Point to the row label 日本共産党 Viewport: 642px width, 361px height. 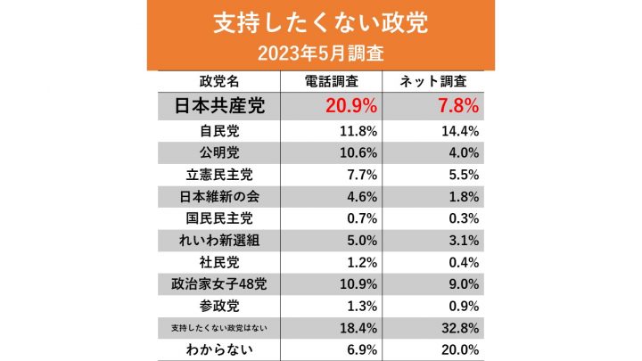point(219,107)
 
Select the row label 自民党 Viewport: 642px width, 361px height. point(219,131)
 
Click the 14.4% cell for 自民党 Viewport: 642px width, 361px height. point(460,131)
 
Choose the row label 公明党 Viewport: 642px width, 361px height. point(219,153)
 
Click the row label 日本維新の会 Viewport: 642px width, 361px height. point(219,196)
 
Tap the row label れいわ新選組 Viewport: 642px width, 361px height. point(219,240)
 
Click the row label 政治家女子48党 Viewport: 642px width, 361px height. point(219,284)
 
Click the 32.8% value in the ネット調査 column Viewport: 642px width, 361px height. point(460,328)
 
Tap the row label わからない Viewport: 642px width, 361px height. point(219,349)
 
